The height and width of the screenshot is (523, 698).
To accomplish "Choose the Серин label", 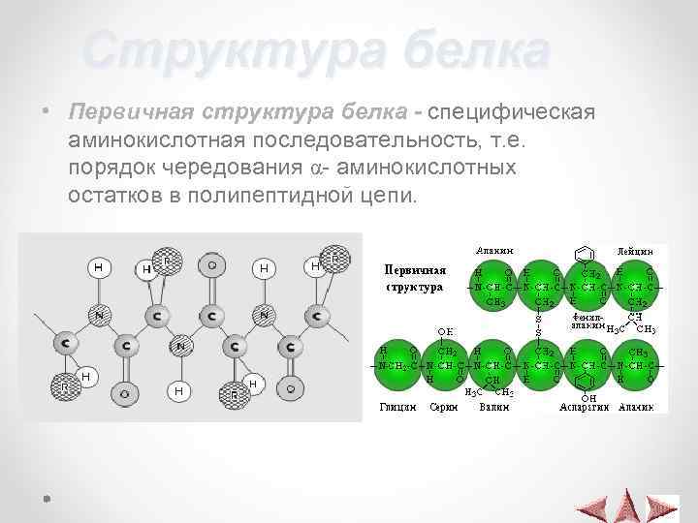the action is (443, 408).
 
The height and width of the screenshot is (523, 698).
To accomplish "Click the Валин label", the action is (492, 408).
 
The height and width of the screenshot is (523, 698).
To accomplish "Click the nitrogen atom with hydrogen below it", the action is (178, 346).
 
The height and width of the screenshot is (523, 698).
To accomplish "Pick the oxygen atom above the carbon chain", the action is (210, 264).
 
